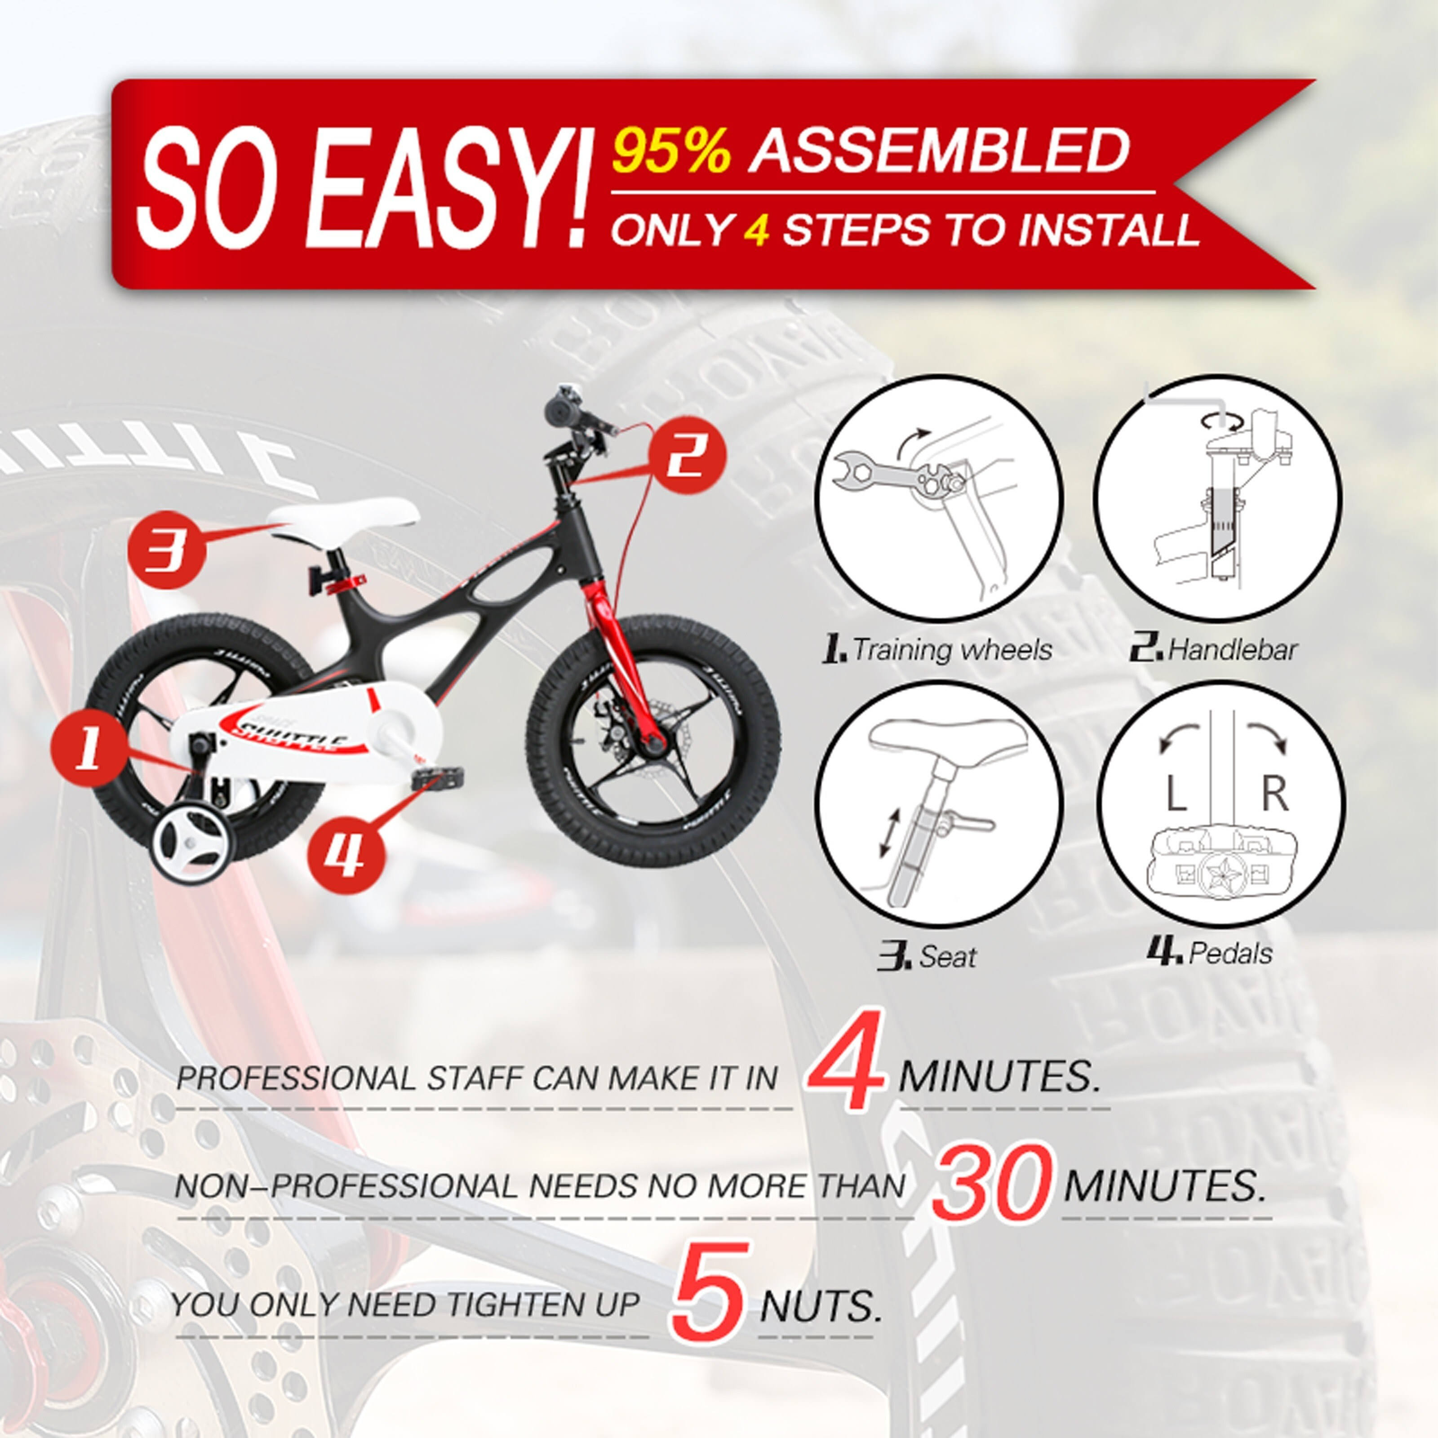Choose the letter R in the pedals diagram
[x=1274, y=794]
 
